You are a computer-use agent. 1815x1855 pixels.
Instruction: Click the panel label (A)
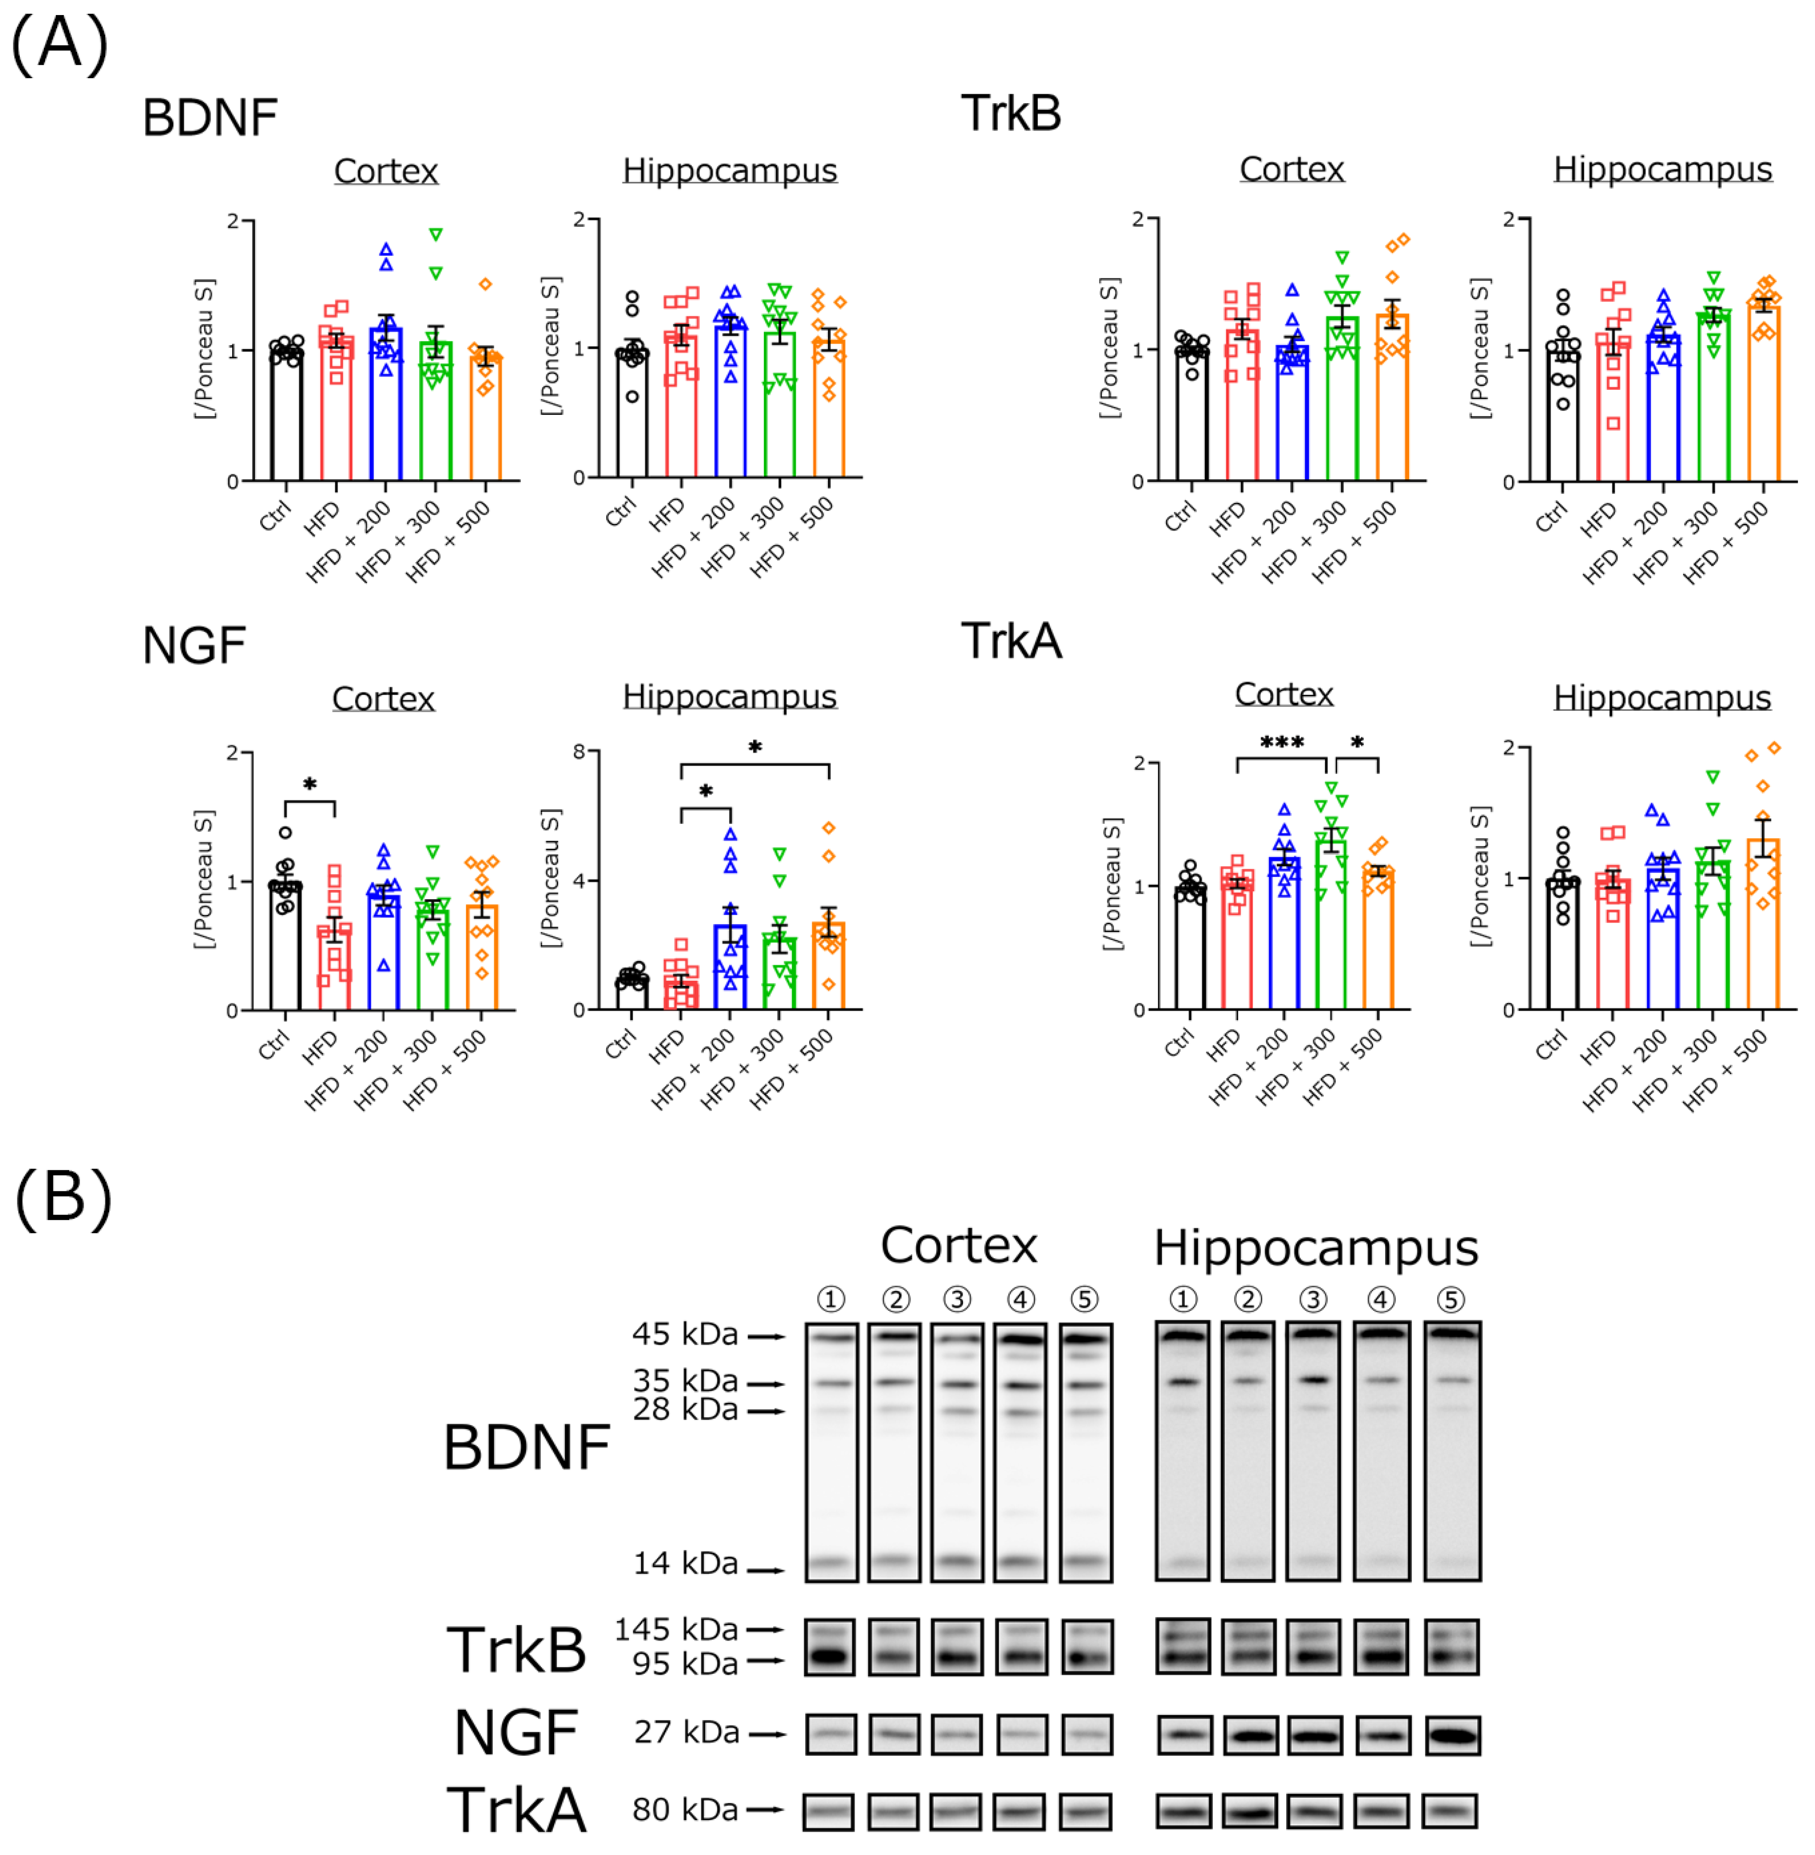59,45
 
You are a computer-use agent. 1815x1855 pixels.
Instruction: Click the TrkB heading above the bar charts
1010,113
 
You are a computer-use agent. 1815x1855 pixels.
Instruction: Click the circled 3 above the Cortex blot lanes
957,1299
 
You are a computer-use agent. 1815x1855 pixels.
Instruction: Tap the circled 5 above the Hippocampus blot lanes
1450,1299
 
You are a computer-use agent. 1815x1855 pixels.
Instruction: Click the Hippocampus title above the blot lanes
1315,1248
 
